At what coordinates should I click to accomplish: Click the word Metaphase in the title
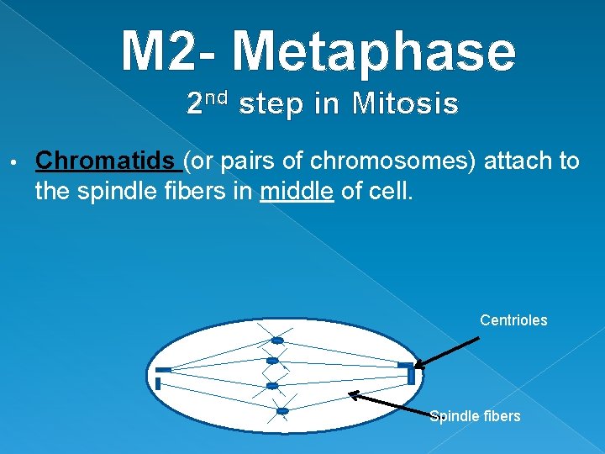pos(374,52)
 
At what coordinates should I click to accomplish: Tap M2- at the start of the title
pos(172,52)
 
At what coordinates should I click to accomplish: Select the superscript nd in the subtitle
pos(218,98)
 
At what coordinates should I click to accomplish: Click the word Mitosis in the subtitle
pos(406,105)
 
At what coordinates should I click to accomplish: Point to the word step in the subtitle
pos(271,105)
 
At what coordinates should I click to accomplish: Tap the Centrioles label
pos(513,320)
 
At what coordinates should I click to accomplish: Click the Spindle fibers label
pos(475,416)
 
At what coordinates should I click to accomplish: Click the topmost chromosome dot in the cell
pos(276,340)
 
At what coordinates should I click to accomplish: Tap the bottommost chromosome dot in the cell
pos(282,411)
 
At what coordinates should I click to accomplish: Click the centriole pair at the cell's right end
pos(408,371)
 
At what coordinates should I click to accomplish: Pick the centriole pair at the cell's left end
pos(161,377)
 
